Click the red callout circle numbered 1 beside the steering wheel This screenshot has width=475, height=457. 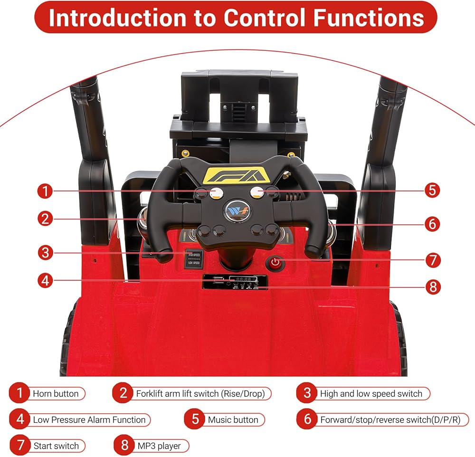(45, 191)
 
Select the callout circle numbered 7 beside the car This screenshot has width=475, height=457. (432, 260)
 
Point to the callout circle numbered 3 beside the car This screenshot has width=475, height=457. (45, 252)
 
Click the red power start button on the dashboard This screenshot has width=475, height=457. (275, 263)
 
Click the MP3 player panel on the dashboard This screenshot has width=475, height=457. (234, 281)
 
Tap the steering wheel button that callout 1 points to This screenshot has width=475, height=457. (217, 192)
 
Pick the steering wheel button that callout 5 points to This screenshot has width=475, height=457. (258, 192)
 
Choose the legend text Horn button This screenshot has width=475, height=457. (56, 393)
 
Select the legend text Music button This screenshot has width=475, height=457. (233, 419)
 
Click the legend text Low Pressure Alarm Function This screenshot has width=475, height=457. (89, 419)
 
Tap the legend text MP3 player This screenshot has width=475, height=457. (159, 446)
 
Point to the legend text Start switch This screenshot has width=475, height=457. (56, 446)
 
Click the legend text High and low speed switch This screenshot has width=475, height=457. (371, 393)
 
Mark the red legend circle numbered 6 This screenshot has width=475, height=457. (307, 419)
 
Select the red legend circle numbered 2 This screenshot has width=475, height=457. (123, 393)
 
